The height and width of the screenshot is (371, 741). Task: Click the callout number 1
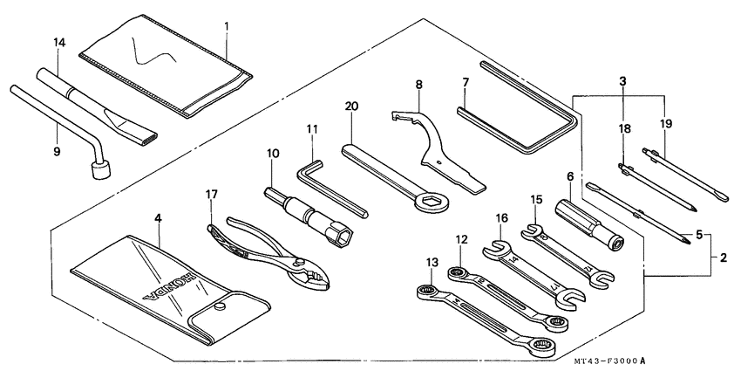(227, 26)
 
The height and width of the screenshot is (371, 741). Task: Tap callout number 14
(58, 42)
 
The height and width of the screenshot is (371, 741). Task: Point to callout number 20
(350, 106)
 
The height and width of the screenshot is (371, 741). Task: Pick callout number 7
(466, 83)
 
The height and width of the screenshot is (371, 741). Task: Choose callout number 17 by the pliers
(211, 195)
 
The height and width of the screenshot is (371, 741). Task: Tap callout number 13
(432, 262)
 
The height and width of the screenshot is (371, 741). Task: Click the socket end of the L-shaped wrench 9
(101, 173)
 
